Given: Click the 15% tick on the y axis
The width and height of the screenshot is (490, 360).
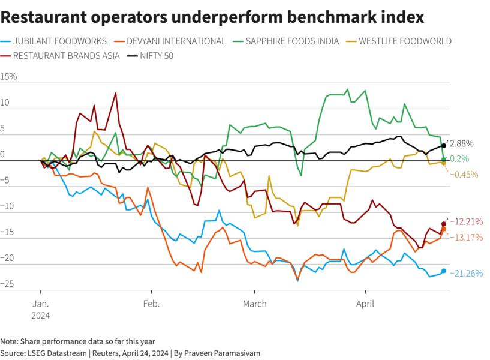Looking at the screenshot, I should (x=9, y=77).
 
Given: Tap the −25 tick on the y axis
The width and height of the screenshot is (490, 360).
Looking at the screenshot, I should (x=7, y=283).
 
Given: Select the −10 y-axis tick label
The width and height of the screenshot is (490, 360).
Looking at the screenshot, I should (x=7, y=206).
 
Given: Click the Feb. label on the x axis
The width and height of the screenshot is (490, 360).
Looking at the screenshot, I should (x=151, y=304).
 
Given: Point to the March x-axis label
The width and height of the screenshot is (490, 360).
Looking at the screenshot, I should (x=255, y=304).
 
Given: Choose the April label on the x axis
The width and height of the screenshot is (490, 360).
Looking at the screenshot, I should (x=365, y=304).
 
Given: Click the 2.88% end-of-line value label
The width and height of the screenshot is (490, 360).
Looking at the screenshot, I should (x=462, y=144).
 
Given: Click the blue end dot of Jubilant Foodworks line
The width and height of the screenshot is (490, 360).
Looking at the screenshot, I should (x=444, y=271).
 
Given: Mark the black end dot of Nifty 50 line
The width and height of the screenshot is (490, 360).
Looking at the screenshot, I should (x=444, y=145).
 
